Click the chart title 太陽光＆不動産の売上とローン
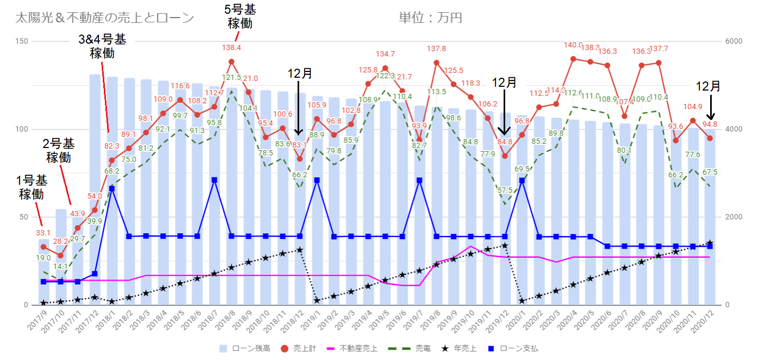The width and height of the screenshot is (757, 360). click(x=105, y=18)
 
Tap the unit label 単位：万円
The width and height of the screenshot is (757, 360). click(x=430, y=18)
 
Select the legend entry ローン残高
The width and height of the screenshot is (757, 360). click(x=245, y=349)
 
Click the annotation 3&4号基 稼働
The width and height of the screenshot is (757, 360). click(x=102, y=46)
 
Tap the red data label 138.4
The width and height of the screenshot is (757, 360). click(x=232, y=48)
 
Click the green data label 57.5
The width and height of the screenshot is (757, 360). click(x=505, y=190)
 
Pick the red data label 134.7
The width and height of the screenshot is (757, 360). click(x=385, y=54)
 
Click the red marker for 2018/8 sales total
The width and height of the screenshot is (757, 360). click(x=232, y=62)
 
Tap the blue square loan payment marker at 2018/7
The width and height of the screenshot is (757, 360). click(x=214, y=180)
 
